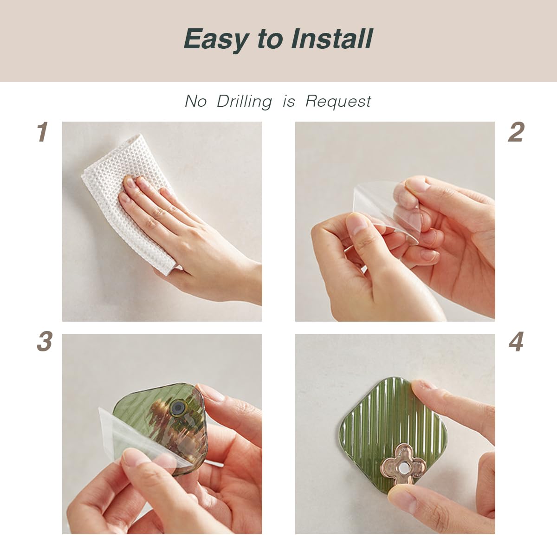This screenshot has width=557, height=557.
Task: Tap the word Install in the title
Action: [x=332, y=39]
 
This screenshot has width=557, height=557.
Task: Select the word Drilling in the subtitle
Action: [x=244, y=102]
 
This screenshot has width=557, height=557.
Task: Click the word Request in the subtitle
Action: [x=338, y=102]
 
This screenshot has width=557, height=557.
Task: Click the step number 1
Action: [x=43, y=132]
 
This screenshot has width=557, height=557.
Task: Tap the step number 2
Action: [x=516, y=132]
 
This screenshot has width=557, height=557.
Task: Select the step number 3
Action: [x=45, y=341]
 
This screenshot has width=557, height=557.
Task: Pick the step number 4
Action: [x=516, y=341]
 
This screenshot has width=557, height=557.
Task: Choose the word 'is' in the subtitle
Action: [x=289, y=102]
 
